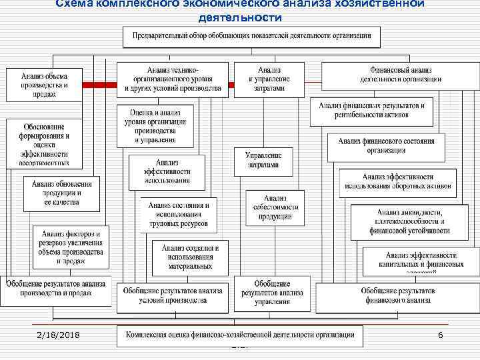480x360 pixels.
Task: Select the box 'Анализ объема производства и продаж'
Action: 44,83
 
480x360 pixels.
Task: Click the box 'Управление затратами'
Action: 263,160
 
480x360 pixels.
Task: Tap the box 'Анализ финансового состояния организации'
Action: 387,146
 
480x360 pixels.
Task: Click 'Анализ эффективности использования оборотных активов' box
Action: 398,181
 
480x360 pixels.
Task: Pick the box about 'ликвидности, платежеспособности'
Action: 409,221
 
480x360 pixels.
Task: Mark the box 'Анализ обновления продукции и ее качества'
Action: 62,192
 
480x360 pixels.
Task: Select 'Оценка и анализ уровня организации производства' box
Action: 155,124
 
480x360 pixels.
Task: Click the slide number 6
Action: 440,334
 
